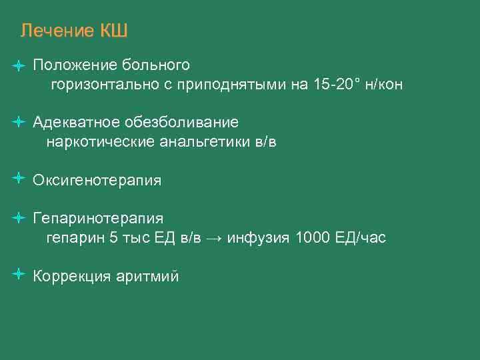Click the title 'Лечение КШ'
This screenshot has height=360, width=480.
pos(73,31)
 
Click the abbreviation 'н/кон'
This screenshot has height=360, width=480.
pos(383,85)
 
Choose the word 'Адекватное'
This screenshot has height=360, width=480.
pos(77,123)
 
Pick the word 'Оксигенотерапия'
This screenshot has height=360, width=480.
pos(97,181)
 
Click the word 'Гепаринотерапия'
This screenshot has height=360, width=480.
pos(98,219)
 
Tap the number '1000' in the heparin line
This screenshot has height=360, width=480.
pos(312,238)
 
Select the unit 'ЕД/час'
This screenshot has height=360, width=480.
pos(360,238)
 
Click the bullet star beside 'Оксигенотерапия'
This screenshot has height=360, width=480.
pos(19,179)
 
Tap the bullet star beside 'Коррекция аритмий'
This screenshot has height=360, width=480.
pos(19,274)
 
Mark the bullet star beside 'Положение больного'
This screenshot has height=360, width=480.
pos(19,65)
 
